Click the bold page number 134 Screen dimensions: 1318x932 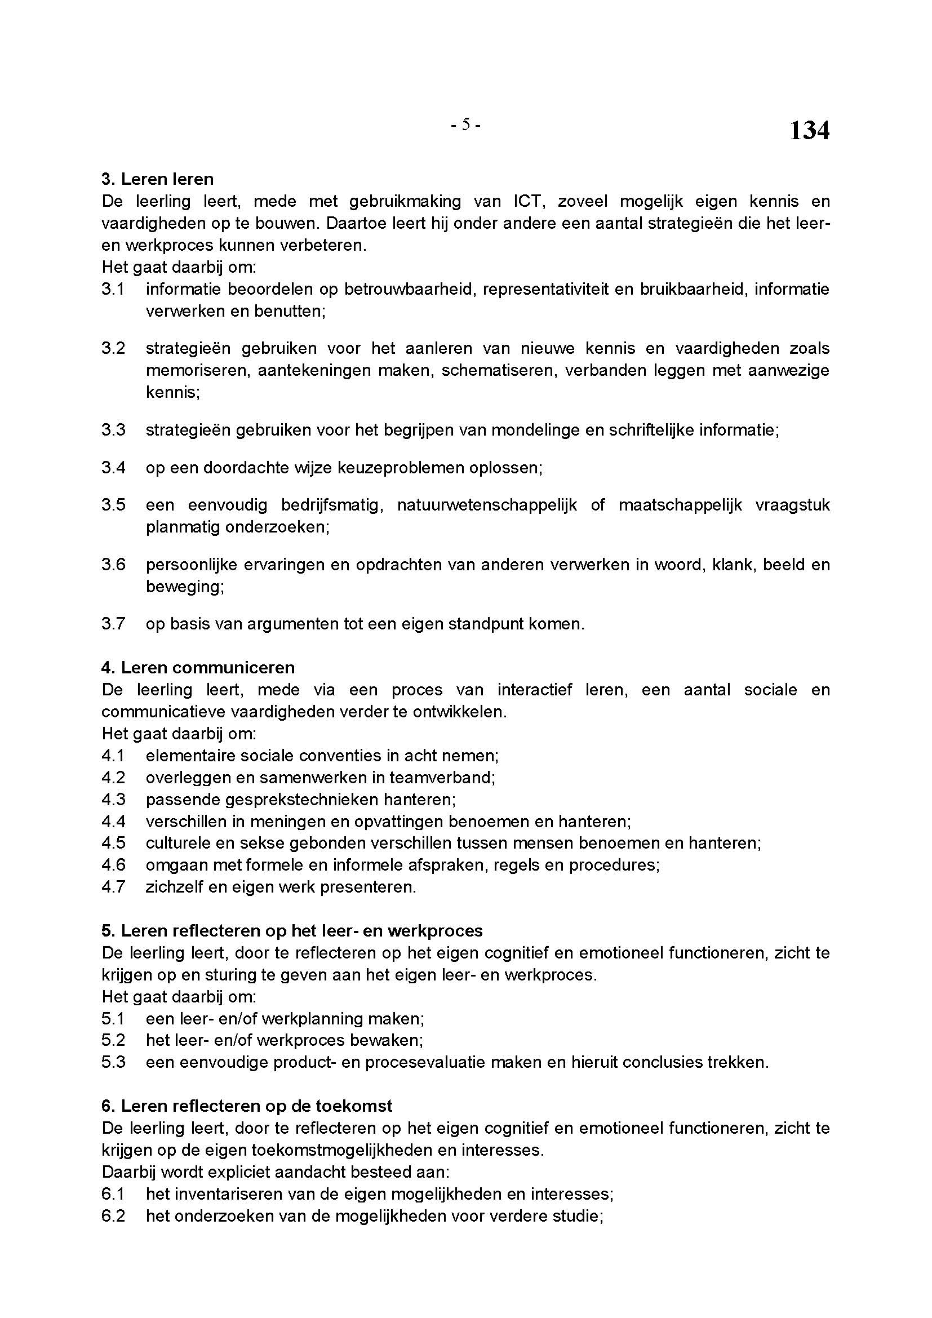pyautogui.click(x=809, y=131)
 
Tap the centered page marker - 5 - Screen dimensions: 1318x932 pyautogui.click(x=465, y=124)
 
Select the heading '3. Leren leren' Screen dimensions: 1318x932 pyautogui.click(x=157, y=179)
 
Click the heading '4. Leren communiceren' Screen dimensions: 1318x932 pyautogui.click(x=198, y=668)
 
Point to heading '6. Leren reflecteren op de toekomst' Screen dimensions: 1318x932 pyautogui.click(x=247, y=1106)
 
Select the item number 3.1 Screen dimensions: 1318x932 pyautogui.click(x=113, y=289)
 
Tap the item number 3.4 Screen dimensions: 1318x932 pyautogui.click(x=113, y=467)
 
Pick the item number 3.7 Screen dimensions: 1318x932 pyautogui.click(x=113, y=624)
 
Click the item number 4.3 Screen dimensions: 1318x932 pyautogui.click(x=113, y=800)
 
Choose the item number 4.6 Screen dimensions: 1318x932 pyautogui.click(x=113, y=865)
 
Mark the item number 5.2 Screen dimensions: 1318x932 pyautogui.click(x=113, y=1040)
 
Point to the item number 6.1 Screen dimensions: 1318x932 pyautogui.click(x=113, y=1194)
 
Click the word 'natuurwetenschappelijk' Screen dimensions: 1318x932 pyautogui.click(x=487, y=505)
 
